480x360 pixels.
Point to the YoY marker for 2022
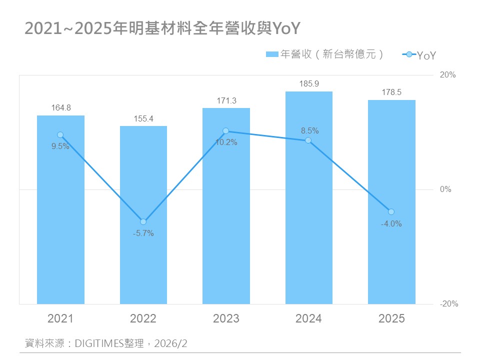pyautogui.click(x=143, y=221)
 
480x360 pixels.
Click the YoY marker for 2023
pyautogui.click(x=225, y=131)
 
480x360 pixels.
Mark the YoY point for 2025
pyautogui.click(x=391, y=212)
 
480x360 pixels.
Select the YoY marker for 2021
pyautogui.click(x=60, y=135)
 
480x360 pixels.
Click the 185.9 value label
pyautogui.click(x=309, y=84)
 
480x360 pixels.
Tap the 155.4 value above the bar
pyautogui.click(x=143, y=118)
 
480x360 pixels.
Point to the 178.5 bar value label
pyautogui.click(x=391, y=92)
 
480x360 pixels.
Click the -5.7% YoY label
pyautogui.click(x=143, y=233)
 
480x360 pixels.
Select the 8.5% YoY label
pyautogui.click(x=309, y=131)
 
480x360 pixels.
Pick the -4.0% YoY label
pyautogui.click(x=391, y=224)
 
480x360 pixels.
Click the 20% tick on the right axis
pyautogui.click(x=447, y=75)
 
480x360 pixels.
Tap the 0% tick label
pyautogui.click(x=445, y=189)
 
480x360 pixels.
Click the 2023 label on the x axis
pyautogui.click(x=226, y=318)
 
